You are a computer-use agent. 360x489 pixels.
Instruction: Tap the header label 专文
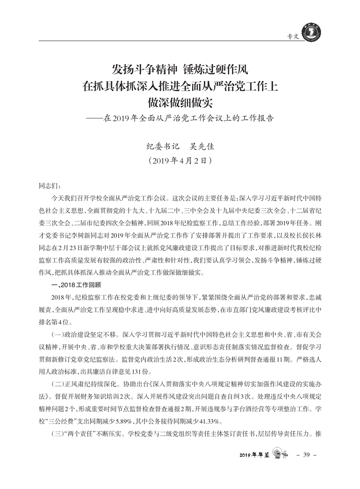pyautogui.click(x=294, y=37)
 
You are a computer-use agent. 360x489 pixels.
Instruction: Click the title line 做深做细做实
pyautogui.click(x=180, y=102)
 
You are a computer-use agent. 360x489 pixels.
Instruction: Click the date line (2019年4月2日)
pyautogui.click(x=180, y=161)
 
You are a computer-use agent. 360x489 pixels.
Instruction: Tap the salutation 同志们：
pyautogui.click(x=49, y=186)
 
